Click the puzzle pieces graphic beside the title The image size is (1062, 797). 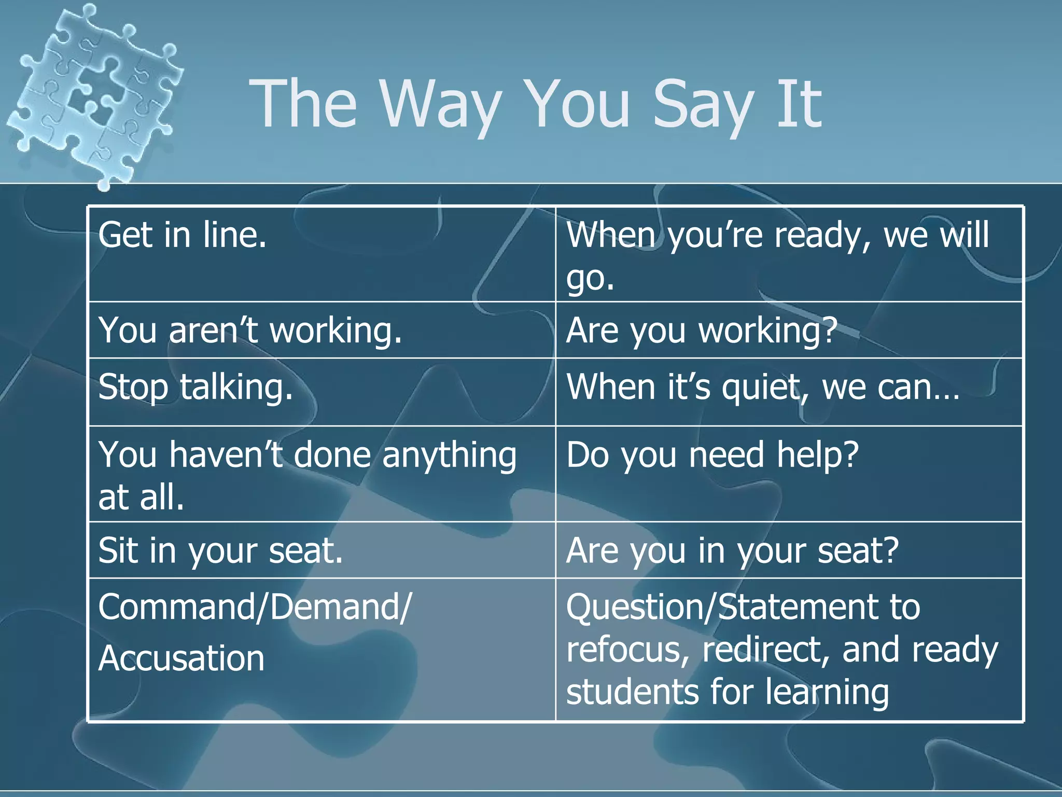[93, 93]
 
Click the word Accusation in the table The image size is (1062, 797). [181, 658]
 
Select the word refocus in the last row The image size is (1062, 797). [627, 650]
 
